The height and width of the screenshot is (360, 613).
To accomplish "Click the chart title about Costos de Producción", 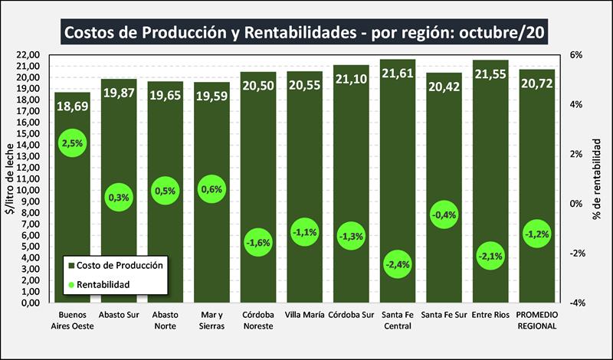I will coord(306,32).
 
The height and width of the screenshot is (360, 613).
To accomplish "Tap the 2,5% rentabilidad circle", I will coord(72,142).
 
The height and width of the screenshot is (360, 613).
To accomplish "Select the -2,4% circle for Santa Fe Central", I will coord(398,264).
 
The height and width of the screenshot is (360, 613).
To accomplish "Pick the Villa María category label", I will coord(304,315).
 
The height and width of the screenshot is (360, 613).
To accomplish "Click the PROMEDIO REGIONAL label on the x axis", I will coord(536,320).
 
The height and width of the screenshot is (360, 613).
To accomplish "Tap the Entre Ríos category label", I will coord(490,315).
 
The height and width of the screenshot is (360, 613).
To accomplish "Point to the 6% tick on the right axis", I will coord(576,55).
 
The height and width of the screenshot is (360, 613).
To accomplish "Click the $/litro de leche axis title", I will coord(9,178).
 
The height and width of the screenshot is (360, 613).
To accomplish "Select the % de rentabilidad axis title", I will coord(596,178).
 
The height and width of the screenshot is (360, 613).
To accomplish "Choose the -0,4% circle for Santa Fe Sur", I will coord(444,215).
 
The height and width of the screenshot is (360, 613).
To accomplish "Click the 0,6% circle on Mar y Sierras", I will coord(211,189).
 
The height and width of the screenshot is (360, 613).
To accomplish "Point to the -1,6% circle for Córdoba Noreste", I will coord(258,243).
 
